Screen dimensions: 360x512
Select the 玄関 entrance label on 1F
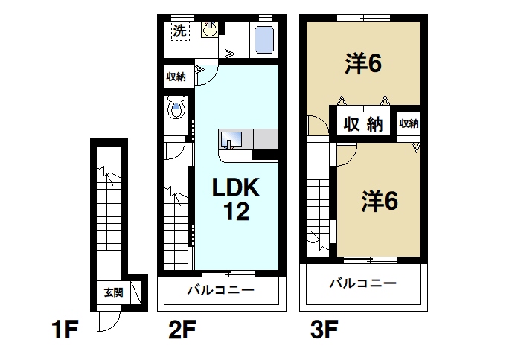click(113, 292)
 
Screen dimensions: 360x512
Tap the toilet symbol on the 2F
click(176, 110)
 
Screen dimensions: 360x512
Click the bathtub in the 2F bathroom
click(263, 39)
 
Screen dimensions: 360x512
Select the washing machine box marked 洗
click(179, 31)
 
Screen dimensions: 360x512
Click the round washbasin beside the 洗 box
click(209, 30)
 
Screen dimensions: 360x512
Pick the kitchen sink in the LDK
click(231, 138)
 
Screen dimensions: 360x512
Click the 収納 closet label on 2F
click(176, 76)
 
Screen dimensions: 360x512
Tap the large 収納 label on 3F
click(363, 125)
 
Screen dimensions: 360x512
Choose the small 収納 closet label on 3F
click(409, 124)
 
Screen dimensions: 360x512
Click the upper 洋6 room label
click(363, 65)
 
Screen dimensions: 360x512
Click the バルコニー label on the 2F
click(221, 289)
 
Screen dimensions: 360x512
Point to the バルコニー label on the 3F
click(362, 283)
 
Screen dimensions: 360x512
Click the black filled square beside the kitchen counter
click(264, 154)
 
